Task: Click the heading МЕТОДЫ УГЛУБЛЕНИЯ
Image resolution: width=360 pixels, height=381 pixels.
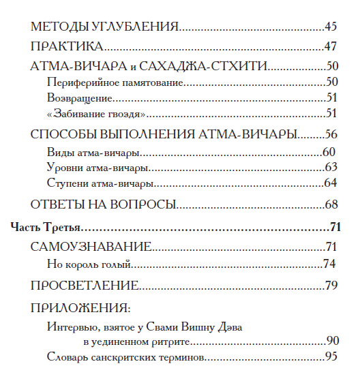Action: coord(105,27)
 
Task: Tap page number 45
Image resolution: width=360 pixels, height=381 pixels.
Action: coord(331,27)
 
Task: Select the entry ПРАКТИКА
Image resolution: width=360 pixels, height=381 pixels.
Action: coord(67,47)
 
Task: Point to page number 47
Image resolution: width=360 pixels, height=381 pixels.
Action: coord(331,47)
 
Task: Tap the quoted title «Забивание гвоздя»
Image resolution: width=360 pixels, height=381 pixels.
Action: coord(97,112)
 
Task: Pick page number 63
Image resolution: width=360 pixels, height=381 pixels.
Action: coord(331,167)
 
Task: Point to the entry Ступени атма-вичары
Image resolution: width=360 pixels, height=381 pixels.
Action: coord(100,183)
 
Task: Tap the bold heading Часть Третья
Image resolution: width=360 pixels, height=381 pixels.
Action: coord(47,227)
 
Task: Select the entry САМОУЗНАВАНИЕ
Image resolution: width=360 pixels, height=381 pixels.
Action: coord(91,247)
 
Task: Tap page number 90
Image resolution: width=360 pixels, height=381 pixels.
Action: coord(332,340)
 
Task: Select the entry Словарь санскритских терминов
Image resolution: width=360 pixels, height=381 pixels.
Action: coord(127,356)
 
